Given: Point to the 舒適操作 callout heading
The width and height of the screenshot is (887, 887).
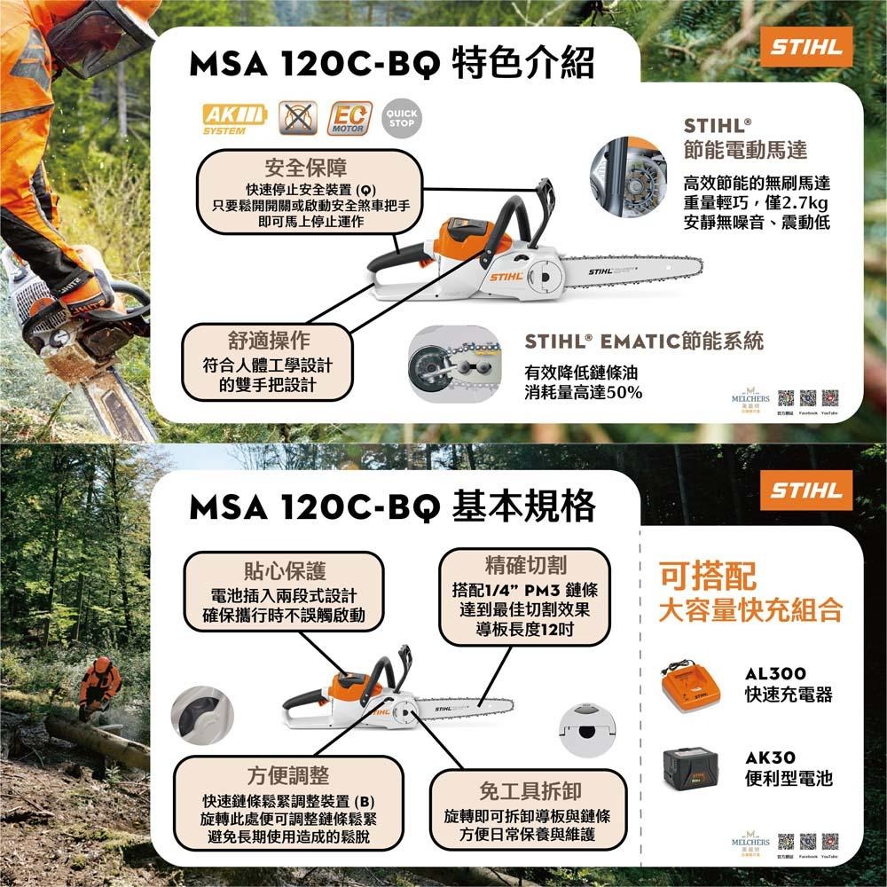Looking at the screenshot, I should point(263,341).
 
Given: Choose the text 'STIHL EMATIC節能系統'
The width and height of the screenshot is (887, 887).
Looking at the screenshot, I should point(644,341).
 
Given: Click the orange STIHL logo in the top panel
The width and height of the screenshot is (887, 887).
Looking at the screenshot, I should point(805,48).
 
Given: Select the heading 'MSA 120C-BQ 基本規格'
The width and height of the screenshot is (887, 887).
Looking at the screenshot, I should point(391,507).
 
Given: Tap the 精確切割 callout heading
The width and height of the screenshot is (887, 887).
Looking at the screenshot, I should point(526,565).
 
